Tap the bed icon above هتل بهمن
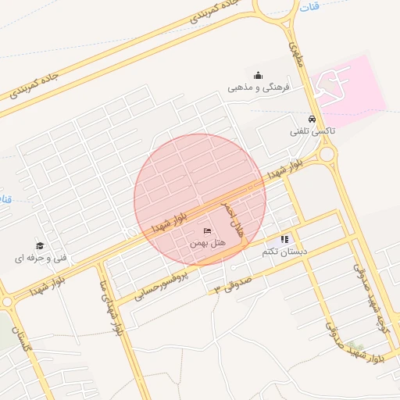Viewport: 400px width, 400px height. (x=207, y=230)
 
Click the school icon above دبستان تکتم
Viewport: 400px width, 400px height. (x=284, y=239)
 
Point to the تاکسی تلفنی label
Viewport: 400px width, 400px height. (x=312, y=131)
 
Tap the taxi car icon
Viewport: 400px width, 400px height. (x=312, y=120)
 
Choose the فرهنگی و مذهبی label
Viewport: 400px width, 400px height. (x=259, y=87)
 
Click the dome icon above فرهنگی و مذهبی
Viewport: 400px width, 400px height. (x=259, y=75)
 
